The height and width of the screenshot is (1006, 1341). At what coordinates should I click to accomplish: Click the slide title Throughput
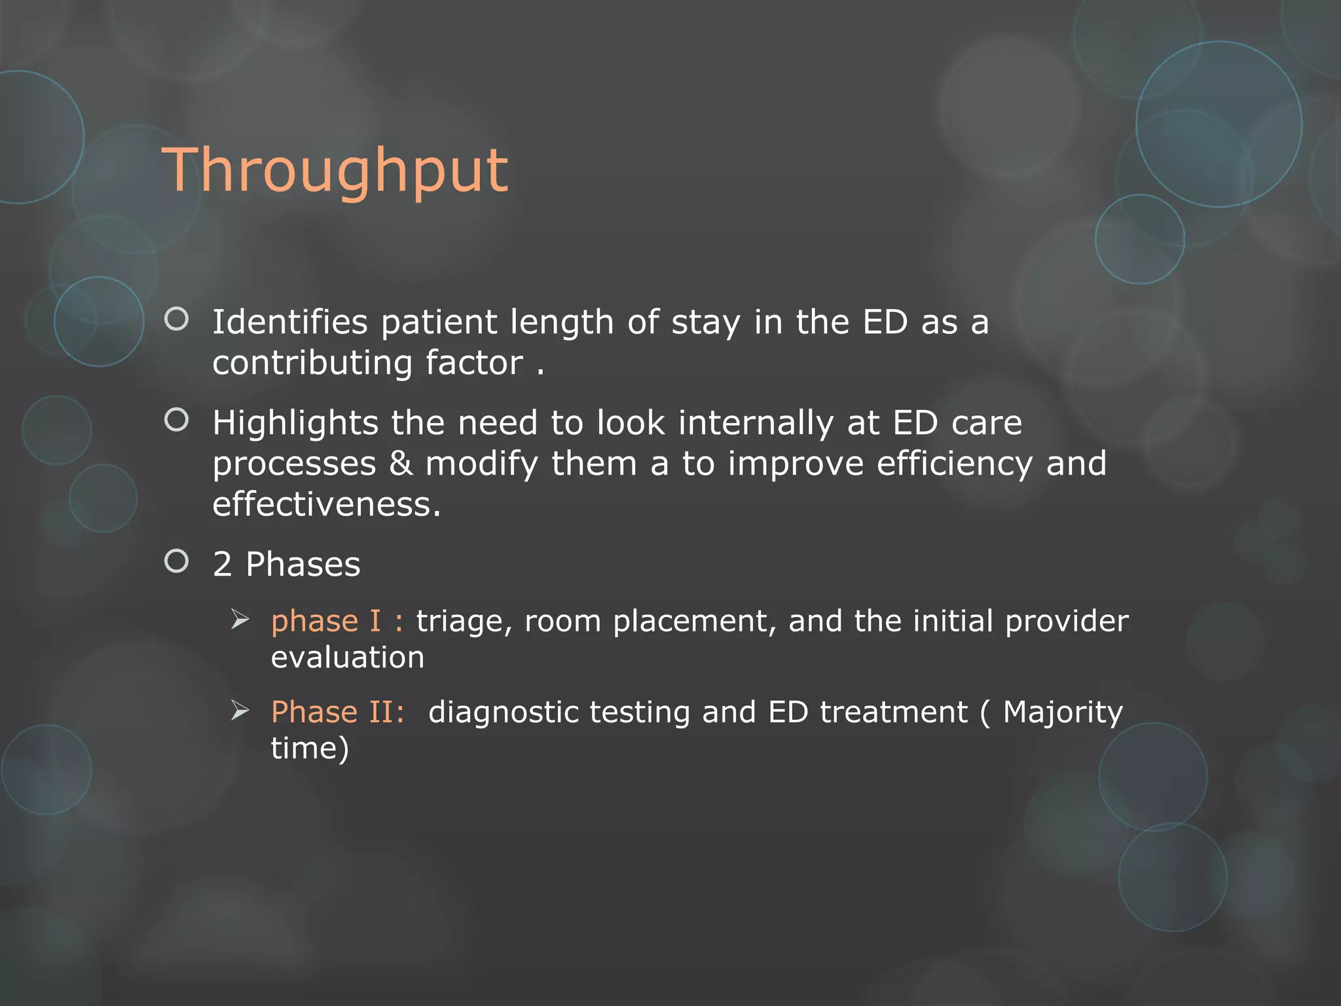335,171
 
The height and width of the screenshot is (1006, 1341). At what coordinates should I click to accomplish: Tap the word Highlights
295,423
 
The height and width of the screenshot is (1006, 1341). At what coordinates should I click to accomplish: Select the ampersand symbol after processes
401,464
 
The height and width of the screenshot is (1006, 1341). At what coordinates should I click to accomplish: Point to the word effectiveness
327,504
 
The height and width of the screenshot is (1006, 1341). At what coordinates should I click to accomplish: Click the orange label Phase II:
338,712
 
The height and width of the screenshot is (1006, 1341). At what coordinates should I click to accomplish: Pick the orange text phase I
325,621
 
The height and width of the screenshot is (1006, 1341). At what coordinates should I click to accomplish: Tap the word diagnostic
504,713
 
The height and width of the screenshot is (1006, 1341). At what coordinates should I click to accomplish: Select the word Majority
1063,713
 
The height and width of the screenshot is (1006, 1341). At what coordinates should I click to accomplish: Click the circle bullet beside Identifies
176,319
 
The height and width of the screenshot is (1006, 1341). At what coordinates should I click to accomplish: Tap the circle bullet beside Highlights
176,420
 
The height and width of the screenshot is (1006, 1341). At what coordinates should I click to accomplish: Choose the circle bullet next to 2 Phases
176,561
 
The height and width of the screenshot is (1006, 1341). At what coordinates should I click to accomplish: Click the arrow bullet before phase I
240,619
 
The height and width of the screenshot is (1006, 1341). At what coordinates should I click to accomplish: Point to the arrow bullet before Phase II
240,710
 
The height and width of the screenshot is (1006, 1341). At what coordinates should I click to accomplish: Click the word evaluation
348,658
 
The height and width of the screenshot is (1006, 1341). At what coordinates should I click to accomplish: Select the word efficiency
954,464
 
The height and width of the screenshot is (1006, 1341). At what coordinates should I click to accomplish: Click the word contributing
312,363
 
